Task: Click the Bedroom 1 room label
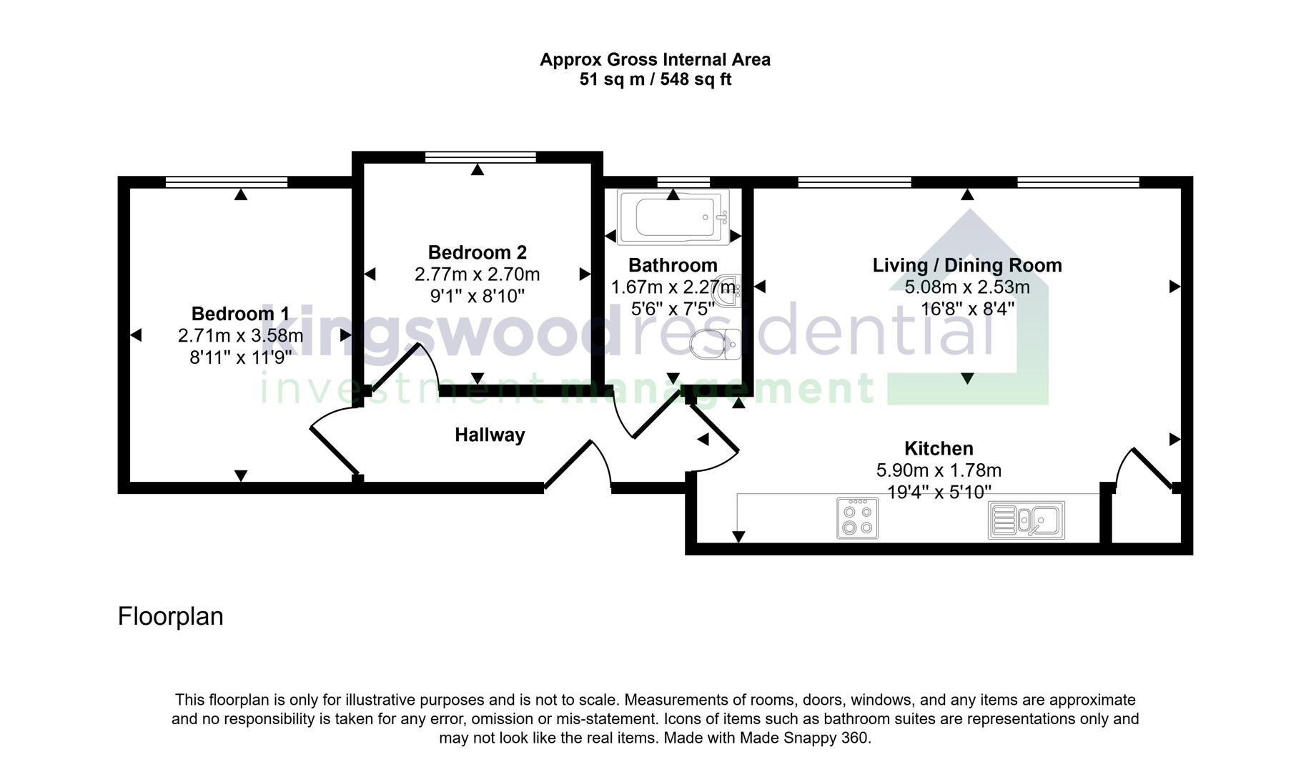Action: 240,314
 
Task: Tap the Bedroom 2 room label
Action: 477,252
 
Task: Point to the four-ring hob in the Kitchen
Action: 857,518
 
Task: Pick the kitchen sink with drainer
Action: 1026,520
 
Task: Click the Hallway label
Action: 490,435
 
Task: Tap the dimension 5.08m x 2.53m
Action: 966,287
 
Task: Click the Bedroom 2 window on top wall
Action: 480,157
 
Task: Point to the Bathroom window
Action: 683,182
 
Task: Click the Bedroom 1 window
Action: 226,182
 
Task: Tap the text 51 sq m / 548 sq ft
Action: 655,79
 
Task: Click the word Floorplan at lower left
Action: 170,616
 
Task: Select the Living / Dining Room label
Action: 966,265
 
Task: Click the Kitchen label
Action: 938,448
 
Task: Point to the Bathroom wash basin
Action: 733,287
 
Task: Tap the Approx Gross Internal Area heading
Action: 655,59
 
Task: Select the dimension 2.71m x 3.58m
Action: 240,335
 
